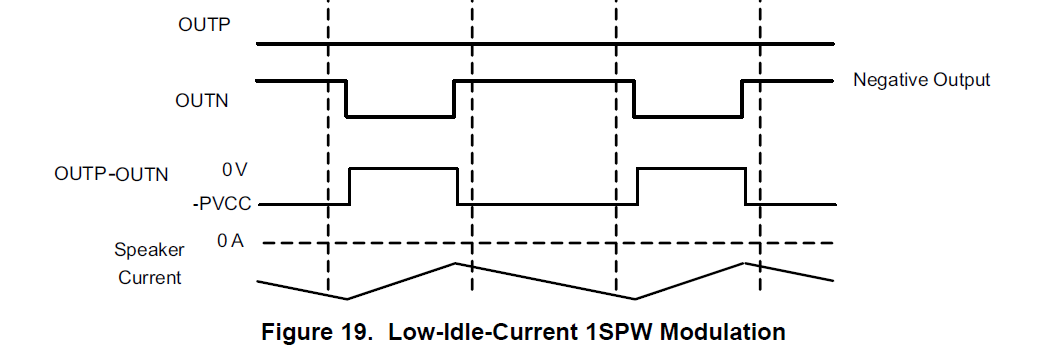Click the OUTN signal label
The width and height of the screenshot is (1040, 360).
pyautogui.click(x=203, y=100)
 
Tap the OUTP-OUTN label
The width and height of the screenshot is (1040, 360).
pyautogui.click(x=111, y=174)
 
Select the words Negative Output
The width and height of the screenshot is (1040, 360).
pyautogui.click(x=920, y=80)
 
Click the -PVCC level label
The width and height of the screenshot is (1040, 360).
pyautogui.click(x=221, y=204)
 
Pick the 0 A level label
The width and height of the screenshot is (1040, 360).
pyautogui.click(x=230, y=241)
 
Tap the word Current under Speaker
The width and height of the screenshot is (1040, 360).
pyautogui.click(x=150, y=277)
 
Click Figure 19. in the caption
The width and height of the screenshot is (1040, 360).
pyautogui.click(x=314, y=331)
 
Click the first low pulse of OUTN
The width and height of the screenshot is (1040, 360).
pyautogui.click(x=400, y=117)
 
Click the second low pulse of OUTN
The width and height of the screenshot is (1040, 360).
pyautogui.click(x=688, y=117)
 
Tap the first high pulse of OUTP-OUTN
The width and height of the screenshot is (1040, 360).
pyautogui.click(x=403, y=170)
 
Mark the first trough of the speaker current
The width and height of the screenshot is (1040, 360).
pyautogui.click(x=347, y=298)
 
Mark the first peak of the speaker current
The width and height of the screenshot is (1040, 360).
pyautogui.click(x=455, y=263)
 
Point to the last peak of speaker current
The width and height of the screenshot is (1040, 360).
pyautogui.click(x=743, y=263)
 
